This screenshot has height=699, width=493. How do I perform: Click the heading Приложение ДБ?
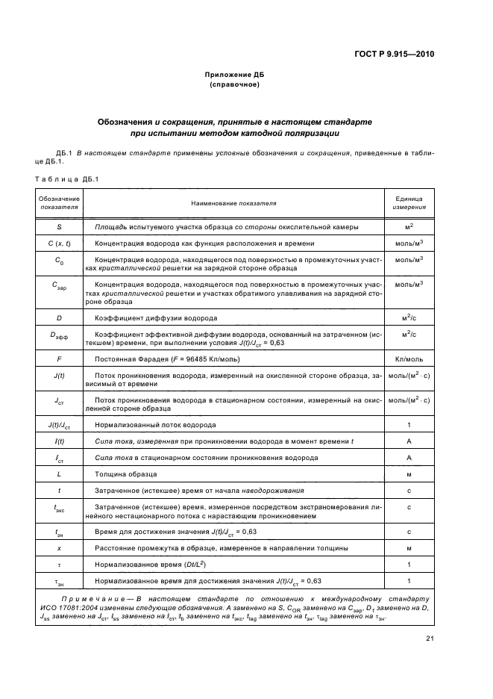pyautogui.click(x=235, y=75)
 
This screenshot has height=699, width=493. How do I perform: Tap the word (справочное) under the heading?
pyautogui.click(x=235, y=85)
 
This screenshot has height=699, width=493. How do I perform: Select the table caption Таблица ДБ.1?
pyautogui.click(x=62, y=178)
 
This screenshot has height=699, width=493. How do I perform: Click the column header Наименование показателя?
pyautogui.click(x=233, y=202)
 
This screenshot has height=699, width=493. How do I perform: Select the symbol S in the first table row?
pyautogui.click(x=59, y=226)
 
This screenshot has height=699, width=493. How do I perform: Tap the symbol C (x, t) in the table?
pyautogui.click(x=59, y=243)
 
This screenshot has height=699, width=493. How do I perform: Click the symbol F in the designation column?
pyautogui.click(x=59, y=359)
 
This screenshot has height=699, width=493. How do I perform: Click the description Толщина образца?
pyautogui.click(x=125, y=475)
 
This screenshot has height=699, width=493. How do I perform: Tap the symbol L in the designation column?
pyautogui.click(x=59, y=475)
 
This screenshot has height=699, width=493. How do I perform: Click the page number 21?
pyautogui.click(x=430, y=637)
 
